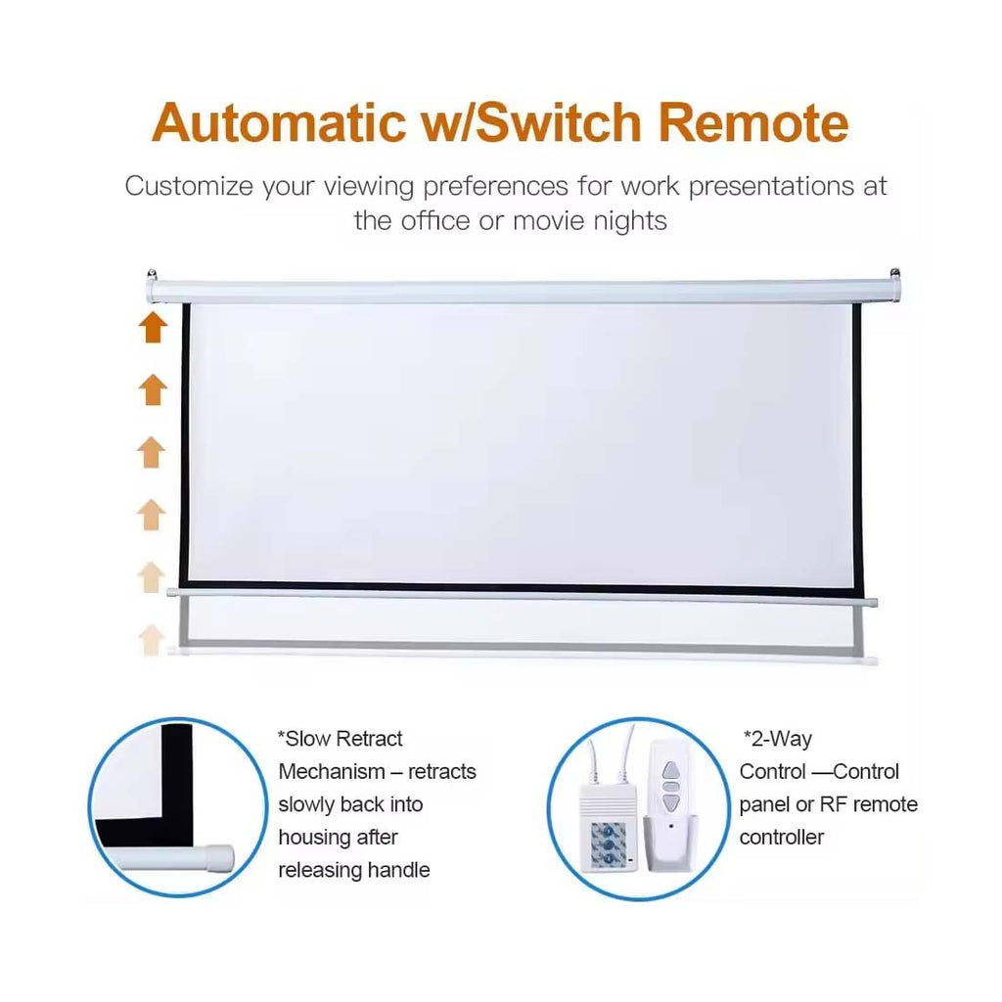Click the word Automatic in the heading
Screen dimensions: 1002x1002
click(279, 121)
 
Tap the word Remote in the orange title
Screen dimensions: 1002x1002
click(753, 121)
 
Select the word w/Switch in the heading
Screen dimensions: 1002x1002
click(531, 121)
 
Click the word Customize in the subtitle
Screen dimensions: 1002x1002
click(189, 186)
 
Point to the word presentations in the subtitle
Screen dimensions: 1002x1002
click(771, 187)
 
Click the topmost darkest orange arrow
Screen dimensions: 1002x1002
click(153, 327)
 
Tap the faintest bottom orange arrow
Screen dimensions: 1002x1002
click(152, 639)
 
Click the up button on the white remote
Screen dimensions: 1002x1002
click(669, 769)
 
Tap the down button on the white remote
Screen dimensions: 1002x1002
click(669, 802)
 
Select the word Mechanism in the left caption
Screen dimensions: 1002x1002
click(332, 771)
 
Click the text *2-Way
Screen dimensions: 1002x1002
click(778, 739)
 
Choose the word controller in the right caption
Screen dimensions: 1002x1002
click(782, 838)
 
